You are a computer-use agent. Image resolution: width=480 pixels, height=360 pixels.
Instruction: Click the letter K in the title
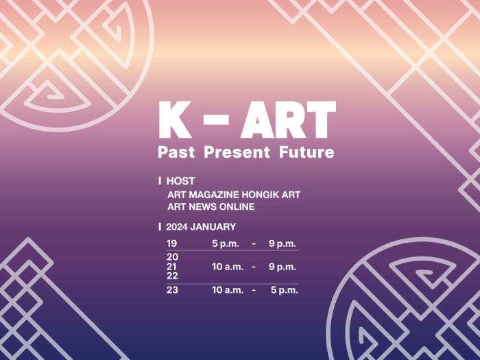click(x=175, y=120)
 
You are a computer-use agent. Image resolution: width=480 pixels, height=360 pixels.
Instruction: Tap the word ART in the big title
click(x=288, y=120)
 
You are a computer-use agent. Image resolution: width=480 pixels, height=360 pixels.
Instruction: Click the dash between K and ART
click(x=216, y=120)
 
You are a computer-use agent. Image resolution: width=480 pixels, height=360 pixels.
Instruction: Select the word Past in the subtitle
click(x=176, y=152)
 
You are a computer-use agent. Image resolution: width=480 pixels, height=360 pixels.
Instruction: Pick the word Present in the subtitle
click(x=237, y=152)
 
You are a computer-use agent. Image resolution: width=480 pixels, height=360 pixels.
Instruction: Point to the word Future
click(x=307, y=152)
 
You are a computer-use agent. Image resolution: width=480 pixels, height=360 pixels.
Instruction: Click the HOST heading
click(x=180, y=181)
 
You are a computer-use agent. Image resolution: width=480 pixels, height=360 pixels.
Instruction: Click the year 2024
click(x=177, y=227)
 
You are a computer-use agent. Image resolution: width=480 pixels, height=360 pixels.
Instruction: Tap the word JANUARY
click(x=213, y=227)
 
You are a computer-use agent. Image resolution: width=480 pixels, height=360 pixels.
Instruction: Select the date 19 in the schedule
click(x=171, y=243)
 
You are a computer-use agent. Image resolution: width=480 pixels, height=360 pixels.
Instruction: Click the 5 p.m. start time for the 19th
click(x=226, y=244)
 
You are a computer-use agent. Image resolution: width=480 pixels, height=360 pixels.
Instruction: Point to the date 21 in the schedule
click(x=171, y=267)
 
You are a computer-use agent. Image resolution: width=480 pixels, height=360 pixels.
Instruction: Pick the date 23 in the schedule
click(x=172, y=290)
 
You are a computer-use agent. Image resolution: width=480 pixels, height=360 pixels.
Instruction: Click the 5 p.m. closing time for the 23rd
click(x=284, y=290)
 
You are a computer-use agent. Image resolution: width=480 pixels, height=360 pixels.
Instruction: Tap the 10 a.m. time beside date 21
click(x=228, y=267)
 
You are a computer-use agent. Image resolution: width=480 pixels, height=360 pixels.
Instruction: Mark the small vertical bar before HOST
click(x=160, y=181)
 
